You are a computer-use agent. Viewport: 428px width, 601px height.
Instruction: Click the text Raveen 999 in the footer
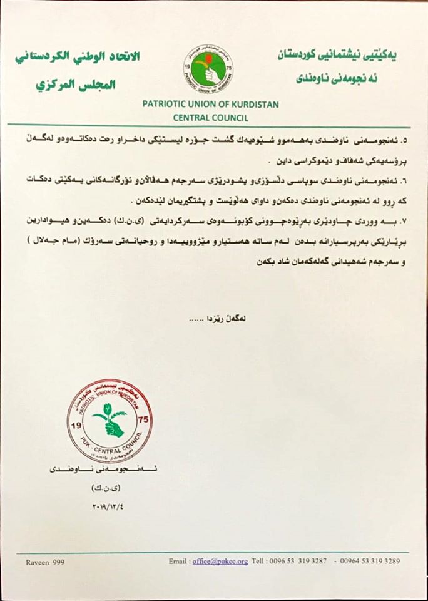pos(46,562)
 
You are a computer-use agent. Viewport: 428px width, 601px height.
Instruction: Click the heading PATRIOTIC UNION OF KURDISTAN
pos(211,104)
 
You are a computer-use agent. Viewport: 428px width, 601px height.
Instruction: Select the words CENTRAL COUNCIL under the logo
pos(211,117)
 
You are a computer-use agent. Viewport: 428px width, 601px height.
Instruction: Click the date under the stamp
pos(110,505)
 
